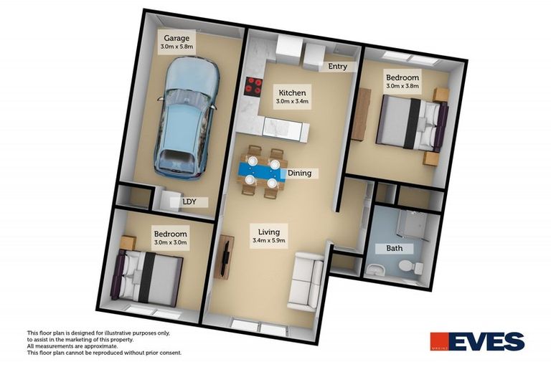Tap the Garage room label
[x=176, y=38]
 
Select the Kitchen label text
[x=292, y=93]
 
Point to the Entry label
[x=337, y=67]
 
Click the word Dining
[x=299, y=173]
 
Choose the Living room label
[x=269, y=232]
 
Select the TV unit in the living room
[x=225, y=258]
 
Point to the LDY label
[x=189, y=202]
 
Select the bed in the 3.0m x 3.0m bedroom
[x=150, y=277]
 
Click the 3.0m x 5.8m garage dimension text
[x=176, y=47]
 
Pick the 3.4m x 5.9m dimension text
[x=269, y=242]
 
